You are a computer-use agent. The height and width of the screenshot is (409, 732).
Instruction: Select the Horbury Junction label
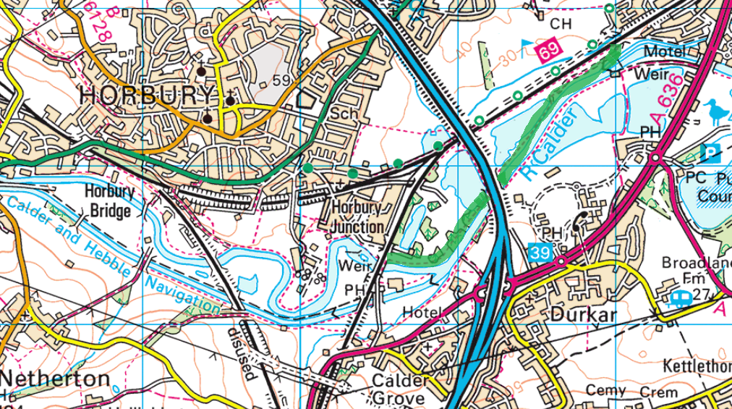point(357,216)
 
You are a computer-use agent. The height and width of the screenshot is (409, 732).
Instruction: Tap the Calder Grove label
point(398,389)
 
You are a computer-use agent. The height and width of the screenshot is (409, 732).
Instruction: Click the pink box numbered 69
point(549,50)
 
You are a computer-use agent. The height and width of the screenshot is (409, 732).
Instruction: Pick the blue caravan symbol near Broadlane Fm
point(681,297)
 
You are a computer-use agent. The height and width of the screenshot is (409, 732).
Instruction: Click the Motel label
point(665,52)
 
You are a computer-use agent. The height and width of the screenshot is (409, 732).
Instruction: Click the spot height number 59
point(281,81)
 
